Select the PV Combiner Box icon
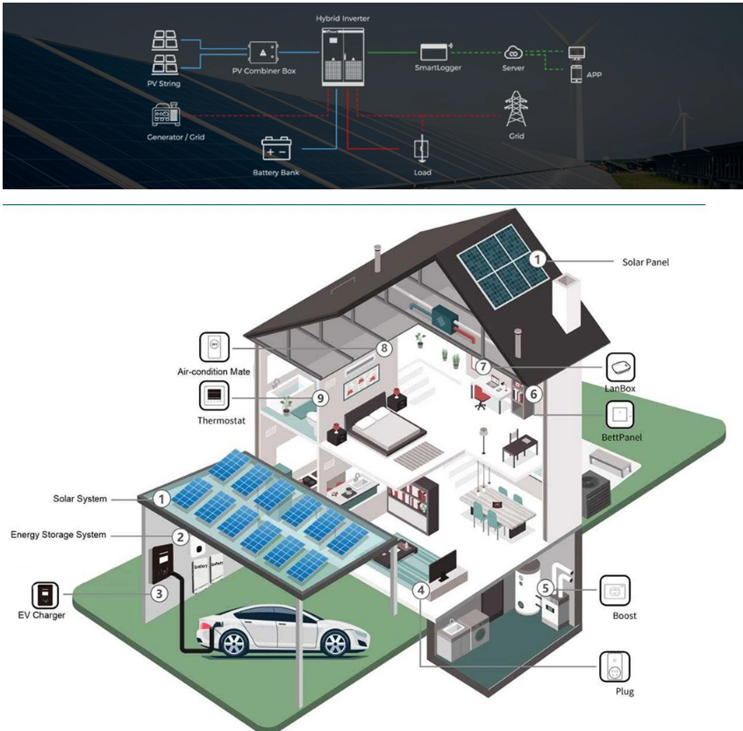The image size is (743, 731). [x=263, y=51]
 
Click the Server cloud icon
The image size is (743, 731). [x=514, y=53]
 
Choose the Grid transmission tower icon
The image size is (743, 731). [x=517, y=110]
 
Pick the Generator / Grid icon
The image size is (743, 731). [x=166, y=115]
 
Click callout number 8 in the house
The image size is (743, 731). [x=382, y=348]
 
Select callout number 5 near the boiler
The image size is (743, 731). [x=546, y=588]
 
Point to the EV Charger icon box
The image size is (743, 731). [x=45, y=594]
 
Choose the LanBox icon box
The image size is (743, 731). [x=620, y=365]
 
